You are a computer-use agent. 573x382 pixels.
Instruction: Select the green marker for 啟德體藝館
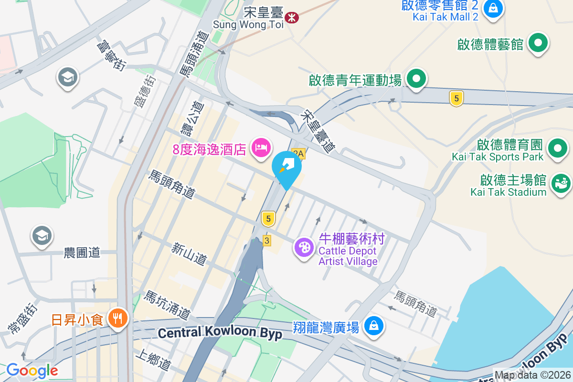click(538, 43)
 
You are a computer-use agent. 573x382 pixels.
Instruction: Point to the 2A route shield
click(298, 154)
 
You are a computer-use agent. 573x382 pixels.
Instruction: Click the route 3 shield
click(266, 240)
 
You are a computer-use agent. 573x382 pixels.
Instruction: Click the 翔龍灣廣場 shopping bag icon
click(373, 326)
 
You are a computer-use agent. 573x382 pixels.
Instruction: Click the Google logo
click(32, 371)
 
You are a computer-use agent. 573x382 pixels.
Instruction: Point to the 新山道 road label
click(190, 254)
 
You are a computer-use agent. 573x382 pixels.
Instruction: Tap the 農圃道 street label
click(82, 253)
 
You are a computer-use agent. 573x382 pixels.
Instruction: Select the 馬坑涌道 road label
click(168, 305)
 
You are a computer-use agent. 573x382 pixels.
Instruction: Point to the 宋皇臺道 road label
click(318, 132)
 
